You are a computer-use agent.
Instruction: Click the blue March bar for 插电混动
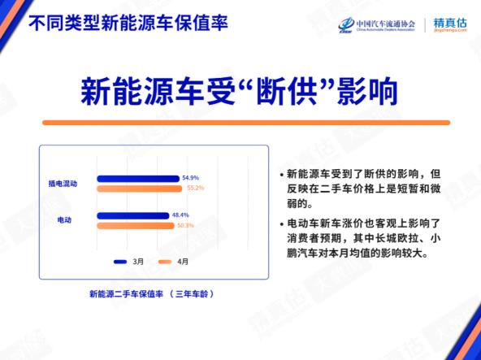[137, 178]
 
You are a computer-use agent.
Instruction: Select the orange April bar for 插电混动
[140, 189]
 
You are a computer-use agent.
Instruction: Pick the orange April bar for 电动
[136, 225]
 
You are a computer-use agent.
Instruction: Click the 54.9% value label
[190, 177]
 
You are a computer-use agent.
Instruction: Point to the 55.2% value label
[195, 188]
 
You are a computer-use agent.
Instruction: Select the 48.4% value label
[180, 215]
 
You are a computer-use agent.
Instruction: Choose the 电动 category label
[63, 220]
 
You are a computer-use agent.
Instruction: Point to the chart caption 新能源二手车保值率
[122, 293]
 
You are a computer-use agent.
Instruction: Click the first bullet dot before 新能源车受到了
[281, 176]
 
